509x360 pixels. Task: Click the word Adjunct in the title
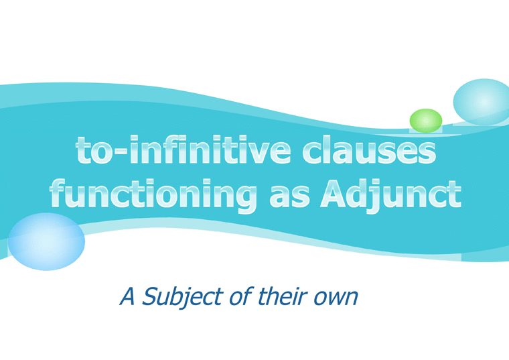(390, 195)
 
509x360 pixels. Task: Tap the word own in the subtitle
(338, 297)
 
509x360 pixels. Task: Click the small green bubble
(426, 121)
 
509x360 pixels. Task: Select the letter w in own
(338, 298)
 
